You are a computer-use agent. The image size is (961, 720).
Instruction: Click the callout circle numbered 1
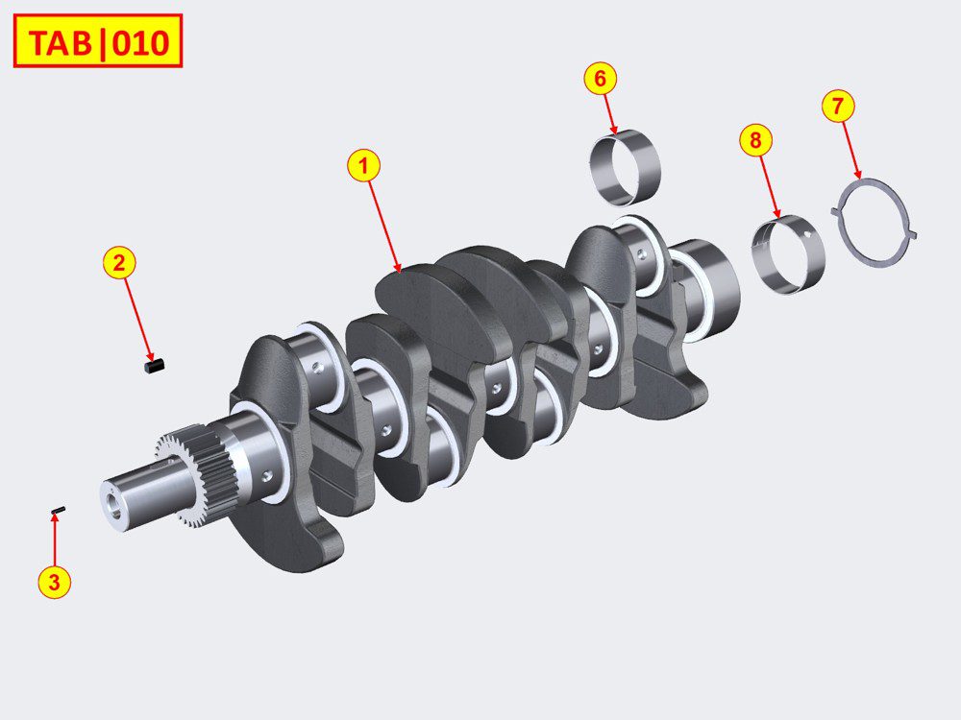[363, 166]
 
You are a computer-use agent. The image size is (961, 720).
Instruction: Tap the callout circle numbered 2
[119, 263]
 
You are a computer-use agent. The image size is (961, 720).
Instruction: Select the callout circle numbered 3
[54, 582]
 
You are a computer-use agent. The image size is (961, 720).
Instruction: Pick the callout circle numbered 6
[600, 79]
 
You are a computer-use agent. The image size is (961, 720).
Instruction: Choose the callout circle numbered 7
[838, 106]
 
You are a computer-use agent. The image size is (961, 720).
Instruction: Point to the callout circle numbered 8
[755, 140]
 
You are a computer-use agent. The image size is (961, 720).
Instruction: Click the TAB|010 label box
[98, 41]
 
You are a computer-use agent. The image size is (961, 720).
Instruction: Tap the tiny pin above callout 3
[59, 510]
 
